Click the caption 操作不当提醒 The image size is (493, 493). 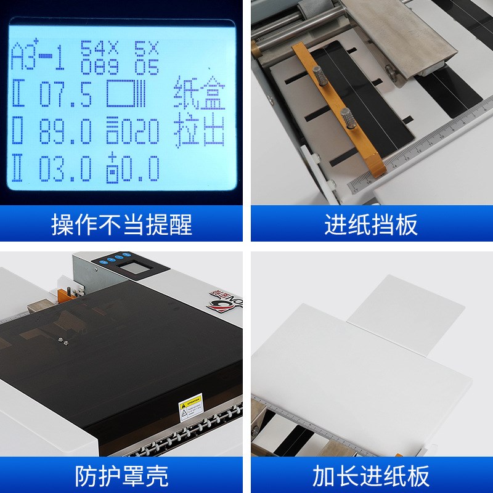click(121, 224)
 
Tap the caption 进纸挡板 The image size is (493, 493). click(371, 224)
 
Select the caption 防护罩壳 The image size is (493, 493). click(121, 476)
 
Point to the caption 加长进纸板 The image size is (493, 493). click(371, 476)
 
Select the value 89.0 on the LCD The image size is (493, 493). click(65, 131)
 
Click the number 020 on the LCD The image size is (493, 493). click(140, 131)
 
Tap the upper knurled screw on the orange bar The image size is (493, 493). click(322, 79)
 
